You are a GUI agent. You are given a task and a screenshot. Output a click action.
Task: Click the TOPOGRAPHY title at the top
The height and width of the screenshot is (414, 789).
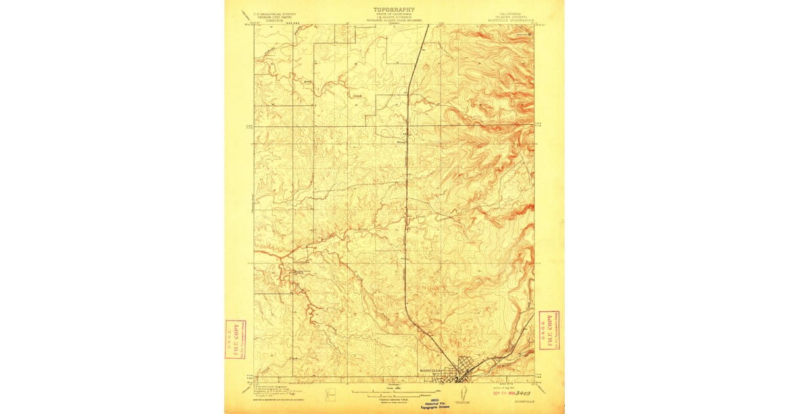(x=394, y=9)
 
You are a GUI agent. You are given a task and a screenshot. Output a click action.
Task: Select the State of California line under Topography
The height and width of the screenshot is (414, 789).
(x=394, y=15)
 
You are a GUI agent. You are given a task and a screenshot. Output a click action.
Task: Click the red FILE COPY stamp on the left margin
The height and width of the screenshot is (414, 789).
(x=235, y=339)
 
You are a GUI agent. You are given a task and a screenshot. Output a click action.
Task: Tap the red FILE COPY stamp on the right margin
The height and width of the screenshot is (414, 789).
(x=548, y=330)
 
